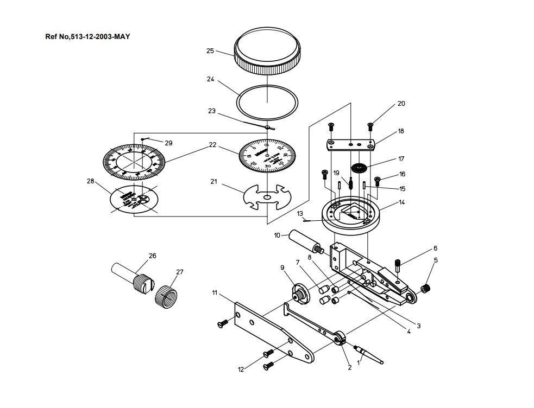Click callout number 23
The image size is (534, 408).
coord(212,111)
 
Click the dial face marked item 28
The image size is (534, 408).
coord(133,200)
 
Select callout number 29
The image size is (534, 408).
coord(168,143)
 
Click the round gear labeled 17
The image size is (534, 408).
coord(357,168)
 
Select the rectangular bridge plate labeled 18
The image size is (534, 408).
coord(350,144)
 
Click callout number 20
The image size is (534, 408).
coord(401,104)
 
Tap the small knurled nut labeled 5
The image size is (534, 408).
coord(426,288)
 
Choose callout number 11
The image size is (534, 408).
coord(215,293)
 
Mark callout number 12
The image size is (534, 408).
coord(241,370)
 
